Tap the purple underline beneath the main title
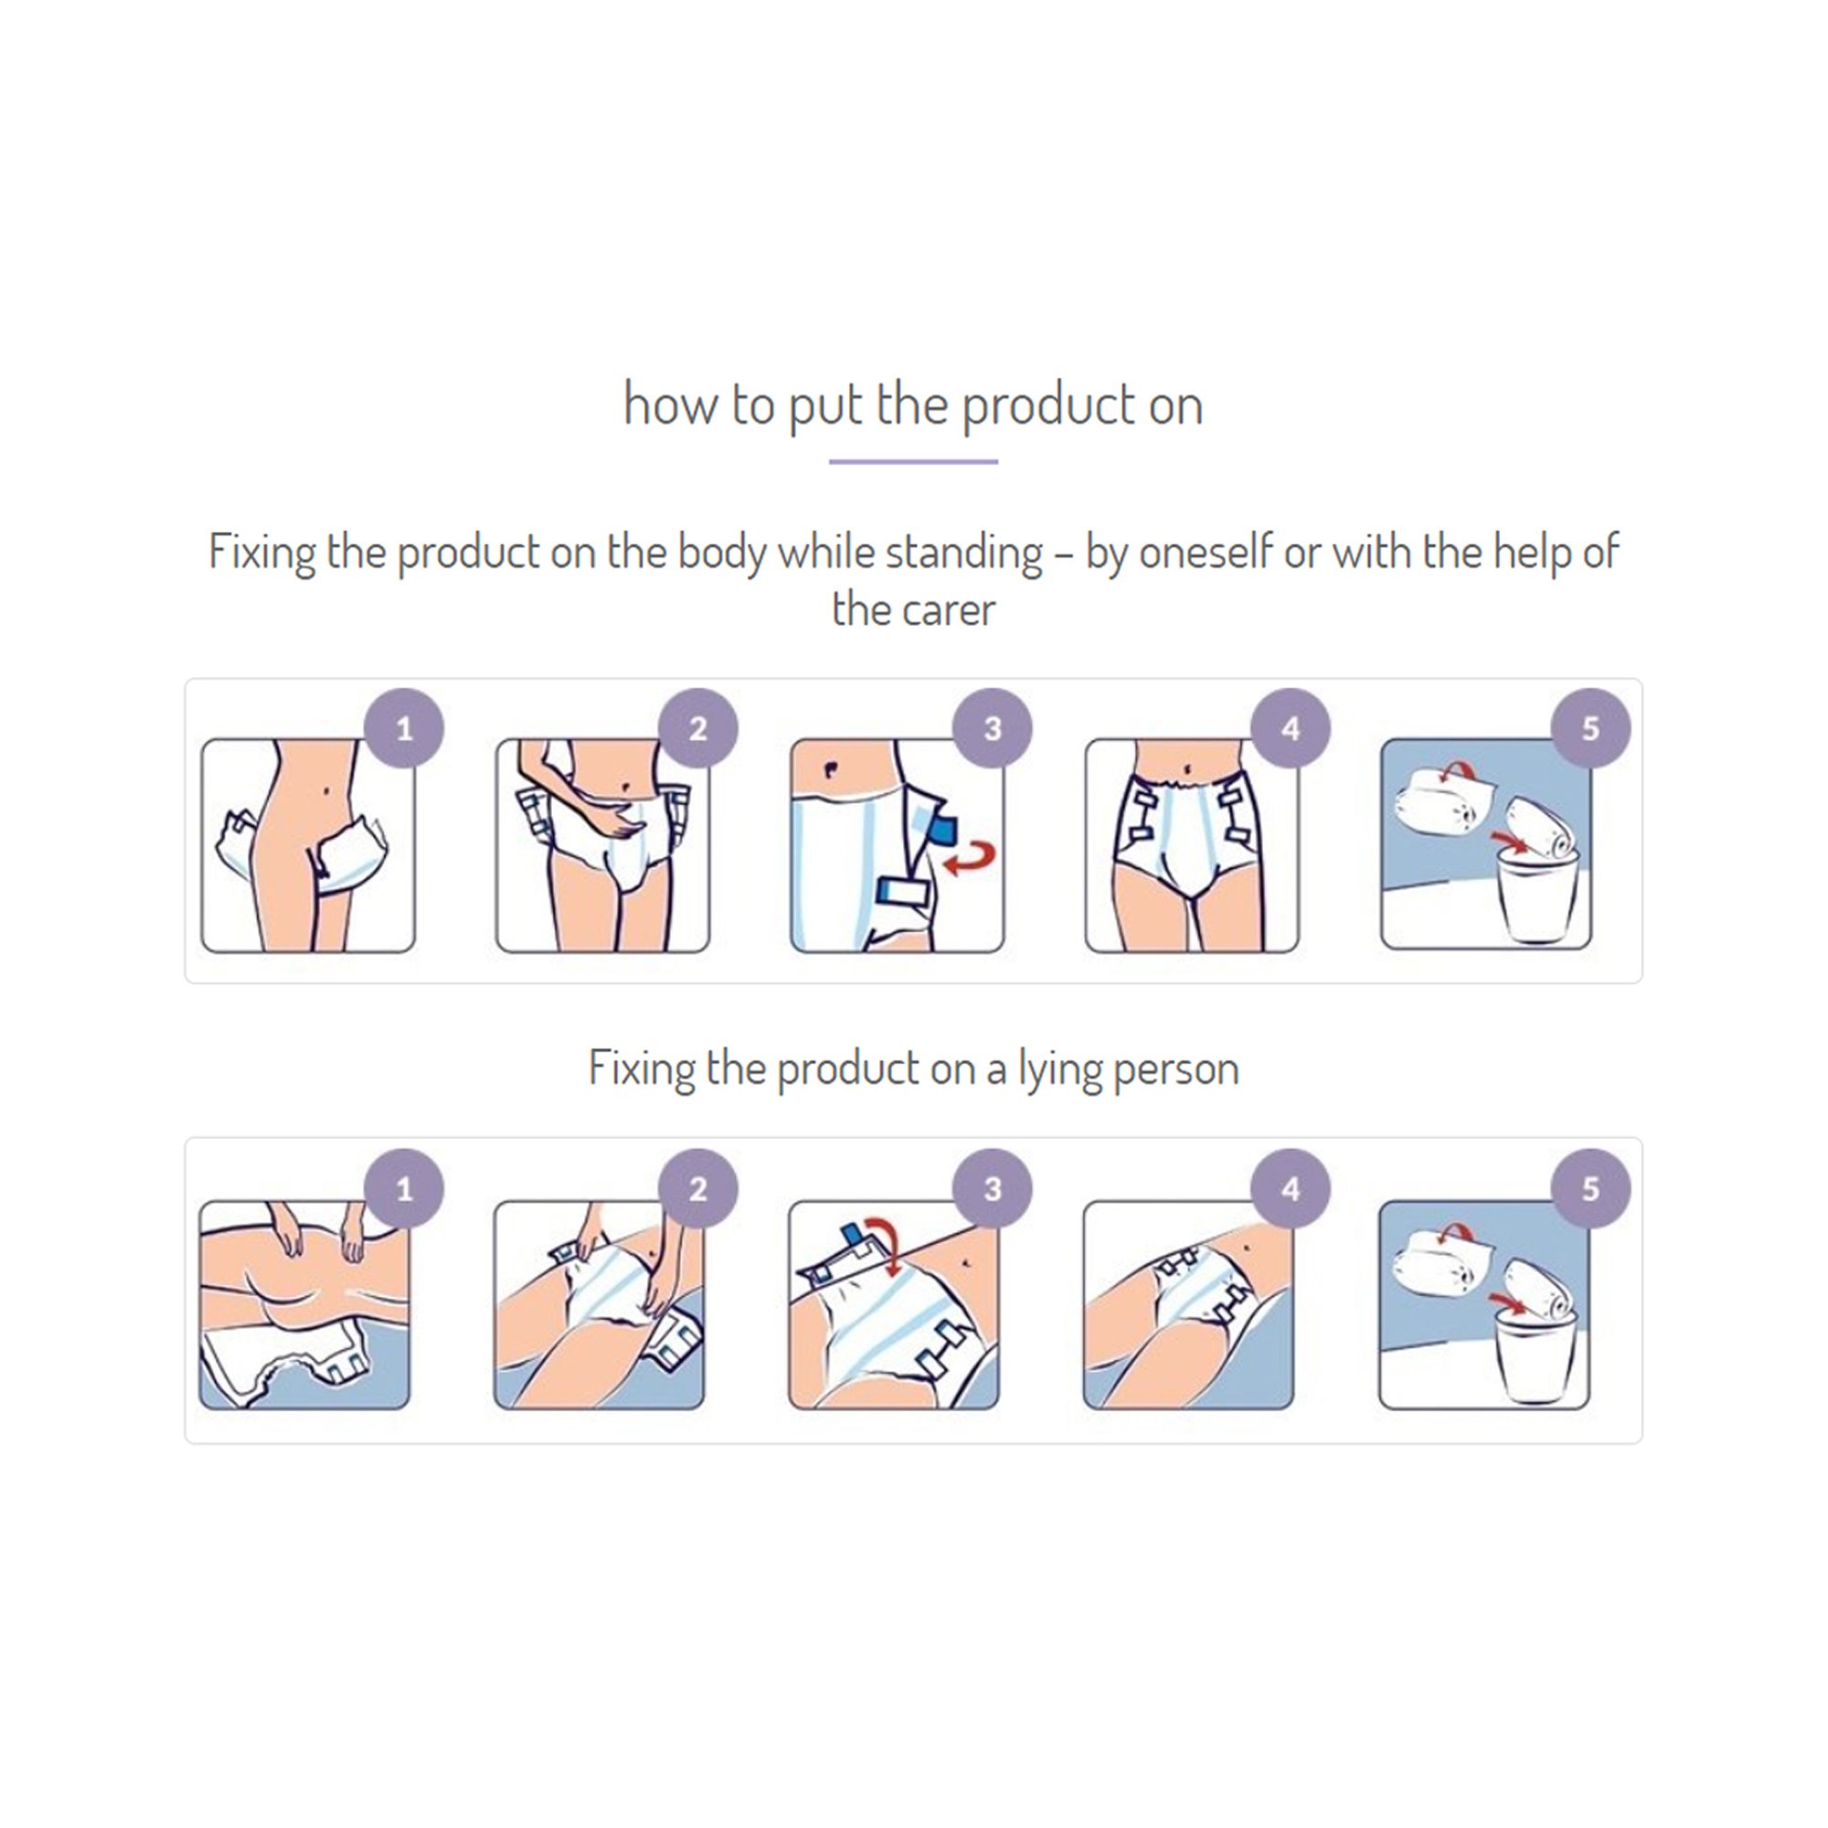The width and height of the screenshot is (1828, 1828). (913, 462)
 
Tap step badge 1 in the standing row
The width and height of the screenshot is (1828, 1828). (404, 728)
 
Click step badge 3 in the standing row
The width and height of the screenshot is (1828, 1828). (992, 728)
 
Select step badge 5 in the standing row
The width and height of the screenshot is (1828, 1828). (1590, 728)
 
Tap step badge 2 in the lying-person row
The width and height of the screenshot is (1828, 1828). (697, 1189)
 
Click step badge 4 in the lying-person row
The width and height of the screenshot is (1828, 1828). (1291, 1189)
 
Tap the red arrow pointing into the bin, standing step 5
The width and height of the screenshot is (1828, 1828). (1510, 840)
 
